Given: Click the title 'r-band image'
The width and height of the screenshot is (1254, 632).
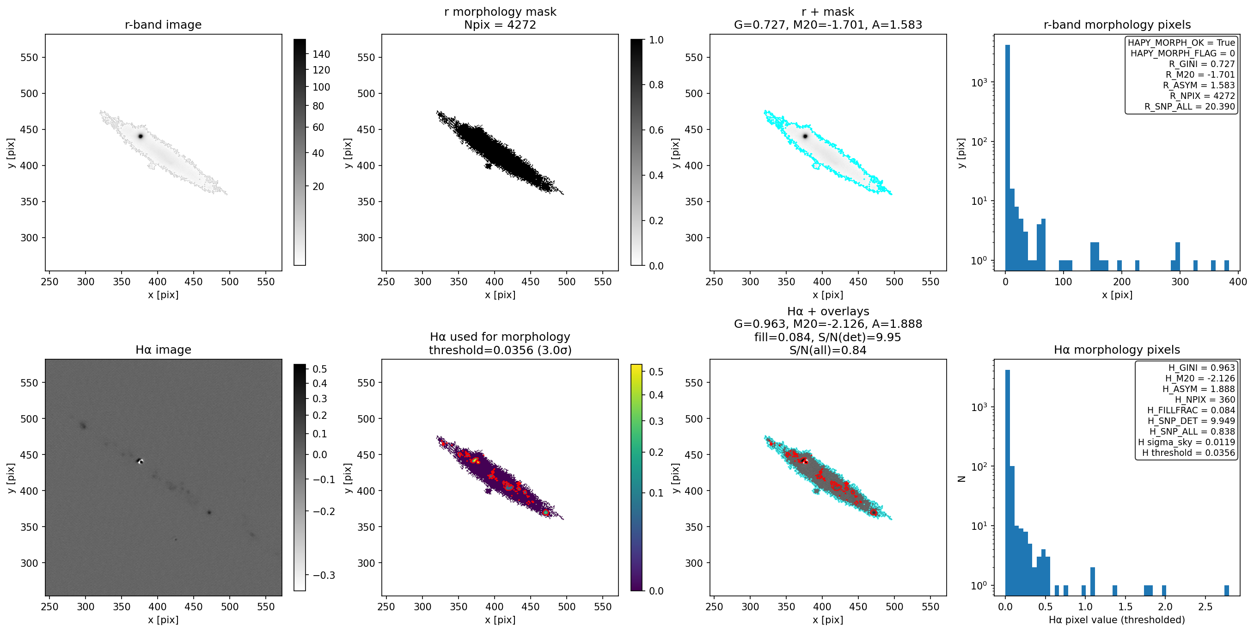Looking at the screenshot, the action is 163,25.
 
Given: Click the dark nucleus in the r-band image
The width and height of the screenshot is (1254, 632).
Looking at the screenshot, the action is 141,136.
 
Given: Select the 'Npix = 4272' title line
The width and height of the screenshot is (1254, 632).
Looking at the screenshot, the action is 500,25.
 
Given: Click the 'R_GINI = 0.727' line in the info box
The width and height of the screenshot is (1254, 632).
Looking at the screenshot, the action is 1202,64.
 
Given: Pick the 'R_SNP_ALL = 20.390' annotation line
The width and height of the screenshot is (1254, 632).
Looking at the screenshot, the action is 1189,107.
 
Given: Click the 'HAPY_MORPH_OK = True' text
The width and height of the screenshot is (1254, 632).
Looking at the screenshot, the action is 1181,43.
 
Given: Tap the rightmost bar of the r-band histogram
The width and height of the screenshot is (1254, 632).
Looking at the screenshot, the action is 1227,265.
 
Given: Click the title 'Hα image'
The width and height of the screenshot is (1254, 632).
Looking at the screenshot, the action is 163,350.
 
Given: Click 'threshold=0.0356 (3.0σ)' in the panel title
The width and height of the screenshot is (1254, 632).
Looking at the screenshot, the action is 500,350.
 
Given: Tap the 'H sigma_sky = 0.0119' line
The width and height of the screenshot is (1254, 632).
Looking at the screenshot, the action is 1187,442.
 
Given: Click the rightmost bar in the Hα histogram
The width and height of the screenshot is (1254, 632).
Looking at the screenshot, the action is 1227,590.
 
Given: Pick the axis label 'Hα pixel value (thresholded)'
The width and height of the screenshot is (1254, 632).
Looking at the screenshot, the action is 1117,620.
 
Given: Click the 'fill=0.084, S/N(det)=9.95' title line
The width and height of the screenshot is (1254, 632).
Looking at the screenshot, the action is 827,337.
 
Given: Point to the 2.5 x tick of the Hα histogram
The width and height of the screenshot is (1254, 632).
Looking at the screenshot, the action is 1205,607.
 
